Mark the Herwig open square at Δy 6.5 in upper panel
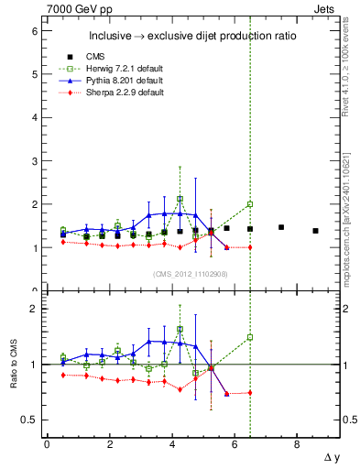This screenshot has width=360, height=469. pyautogui.click(x=249, y=204)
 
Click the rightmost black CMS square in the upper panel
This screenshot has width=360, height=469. pyautogui.click(x=315, y=231)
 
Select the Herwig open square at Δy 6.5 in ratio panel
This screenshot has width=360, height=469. pyautogui.click(x=249, y=337)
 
